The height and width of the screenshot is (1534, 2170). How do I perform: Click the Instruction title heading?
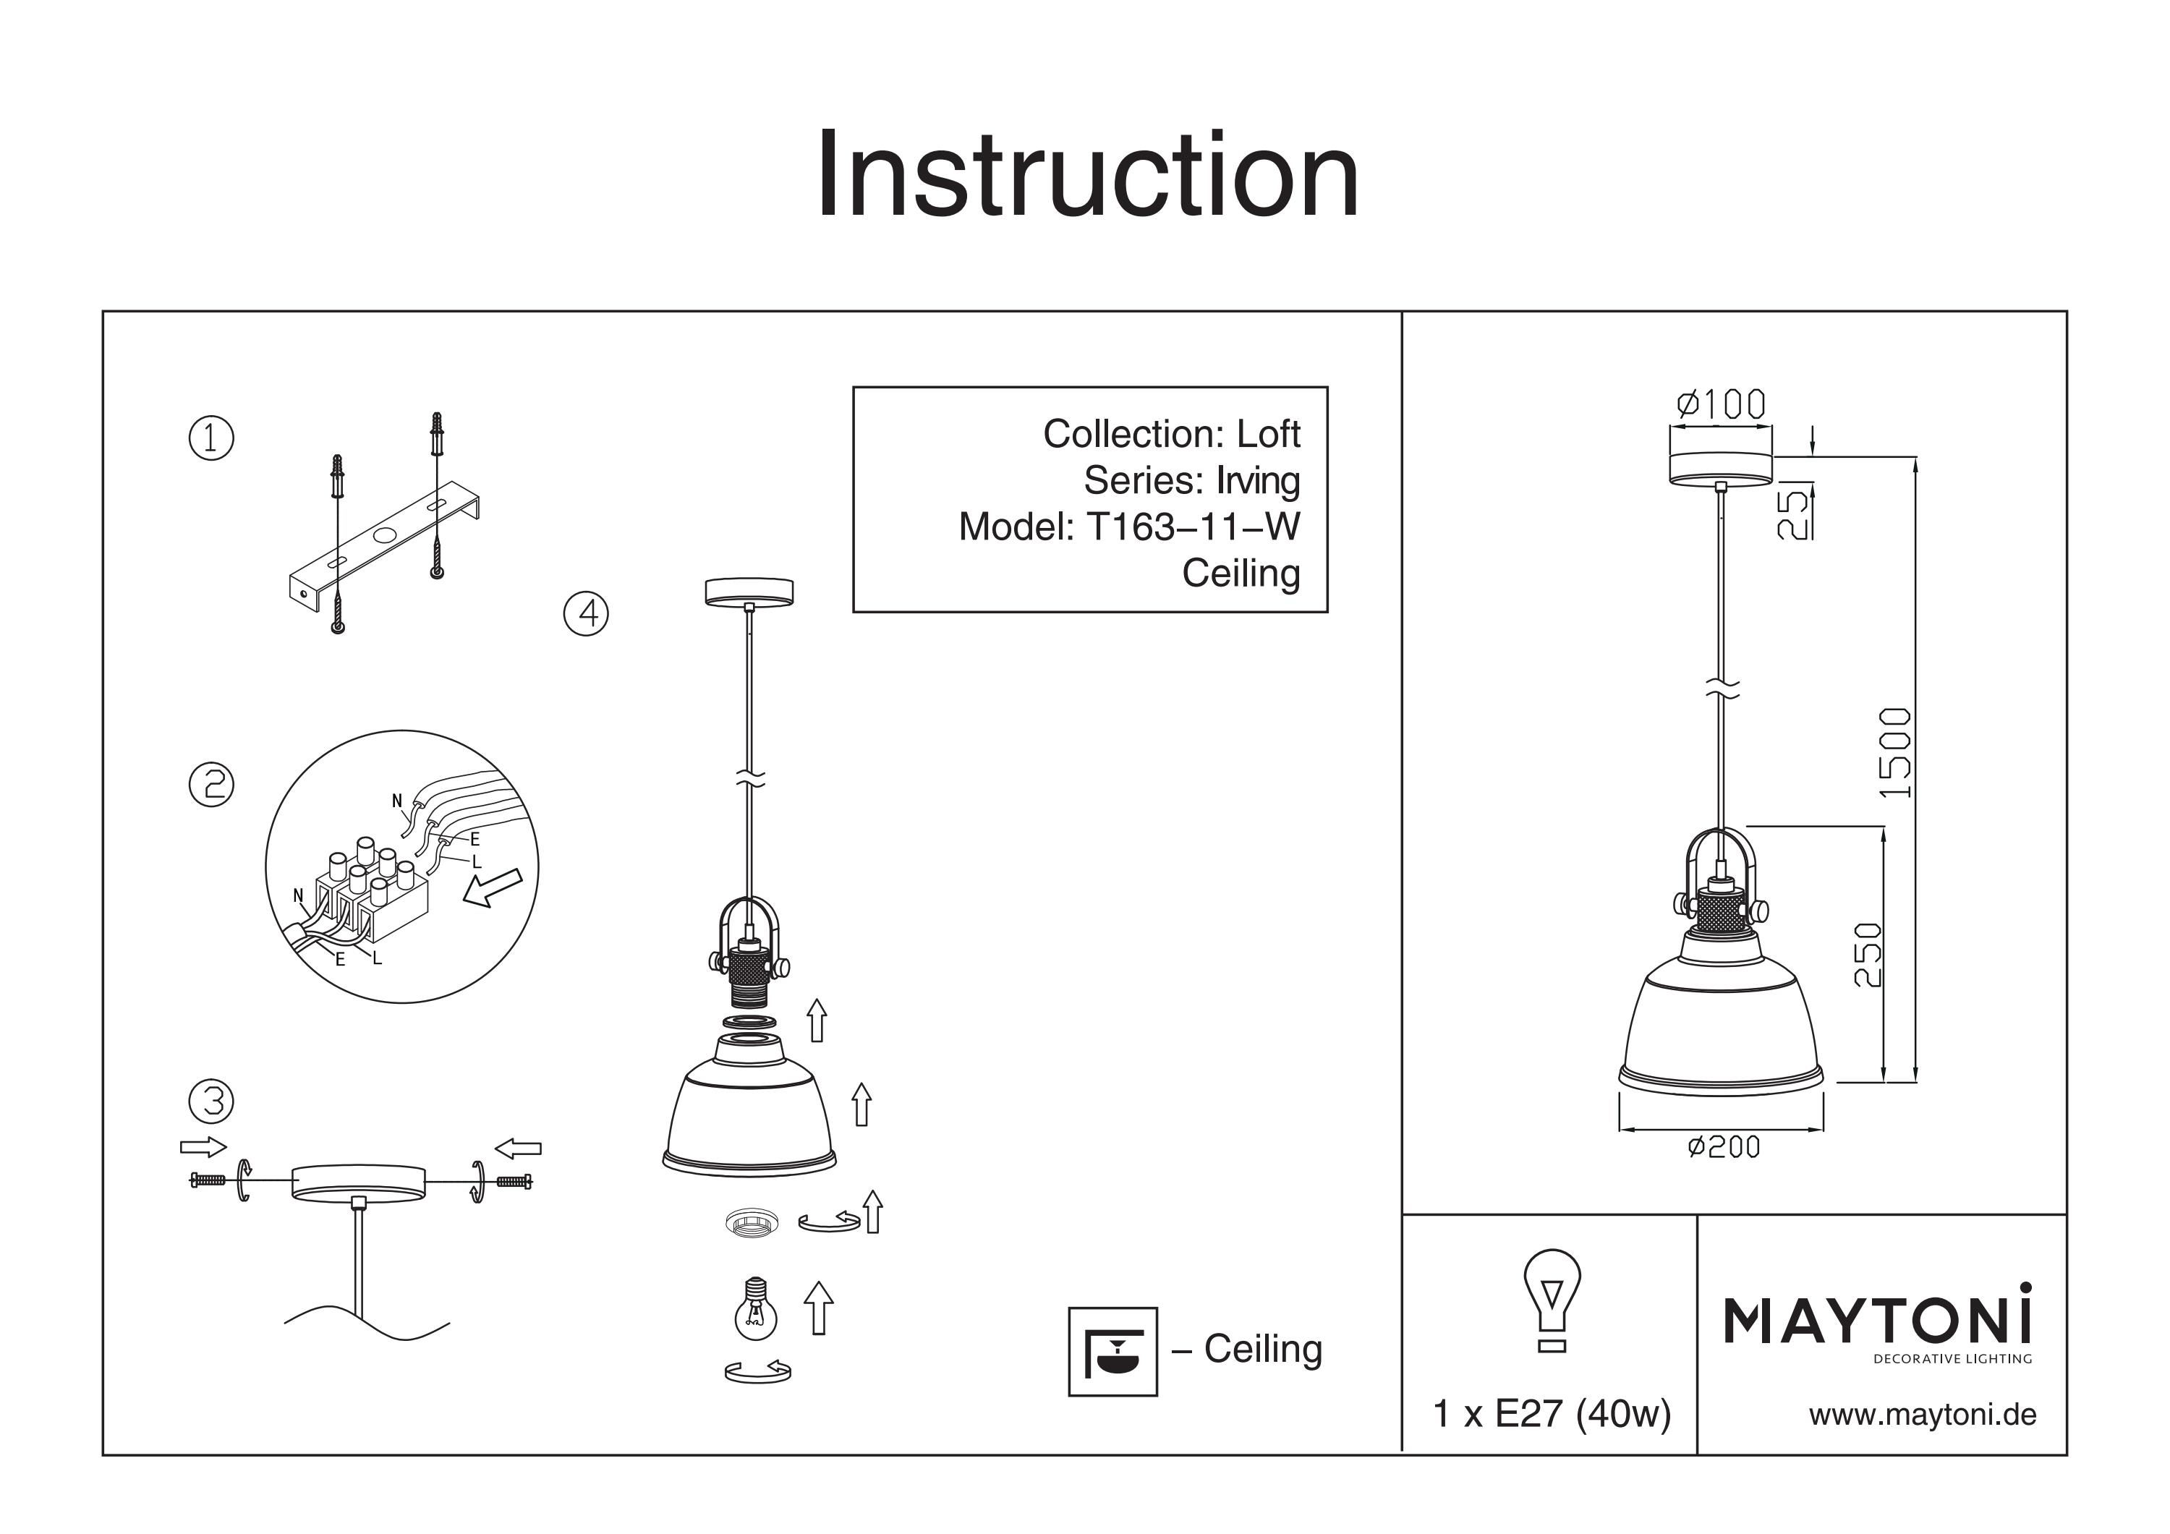click(x=1087, y=175)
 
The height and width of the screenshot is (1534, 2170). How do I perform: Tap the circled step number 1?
click(x=212, y=438)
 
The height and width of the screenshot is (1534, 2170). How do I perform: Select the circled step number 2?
click(x=212, y=785)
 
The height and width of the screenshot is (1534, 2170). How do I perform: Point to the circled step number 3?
click(x=212, y=1101)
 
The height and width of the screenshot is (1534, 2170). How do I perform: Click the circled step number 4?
click(x=586, y=613)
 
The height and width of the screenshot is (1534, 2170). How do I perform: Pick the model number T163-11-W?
click(x=1193, y=527)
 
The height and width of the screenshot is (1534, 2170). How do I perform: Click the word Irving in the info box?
click(x=1258, y=481)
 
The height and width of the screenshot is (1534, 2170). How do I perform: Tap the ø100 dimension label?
click(x=1721, y=404)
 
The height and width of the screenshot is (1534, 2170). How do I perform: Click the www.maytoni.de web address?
click(x=1923, y=1415)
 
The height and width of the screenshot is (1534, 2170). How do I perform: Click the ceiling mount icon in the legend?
click(x=1112, y=1352)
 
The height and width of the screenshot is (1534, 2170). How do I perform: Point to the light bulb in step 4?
click(x=755, y=1307)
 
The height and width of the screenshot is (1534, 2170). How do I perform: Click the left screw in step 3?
click(x=208, y=1180)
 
